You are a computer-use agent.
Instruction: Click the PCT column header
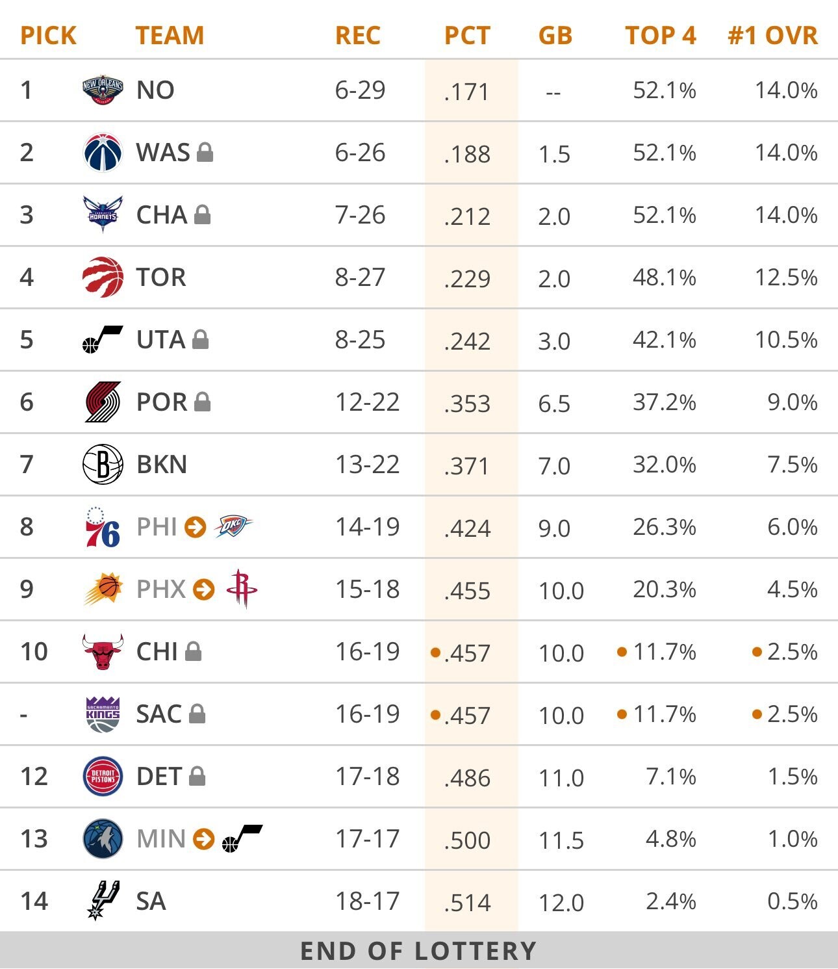(x=467, y=35)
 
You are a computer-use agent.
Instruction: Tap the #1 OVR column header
(x=772, y=35)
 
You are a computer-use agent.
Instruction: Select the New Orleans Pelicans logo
(x=103, y=90)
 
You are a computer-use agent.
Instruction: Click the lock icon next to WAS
(x=205, y=152)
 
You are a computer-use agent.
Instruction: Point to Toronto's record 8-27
(x=360, y=278)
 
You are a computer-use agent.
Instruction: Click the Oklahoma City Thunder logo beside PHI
(x=233, y=526)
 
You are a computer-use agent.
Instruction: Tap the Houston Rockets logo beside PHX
(x=242, y=589)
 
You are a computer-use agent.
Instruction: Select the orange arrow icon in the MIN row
(x=204, y=838)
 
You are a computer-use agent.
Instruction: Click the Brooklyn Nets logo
(x=103, y=465)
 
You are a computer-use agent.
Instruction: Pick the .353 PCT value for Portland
(x=467, y=404)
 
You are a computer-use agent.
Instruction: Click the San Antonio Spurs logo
(x=103, y=900)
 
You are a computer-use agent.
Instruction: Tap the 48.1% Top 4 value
(x=664, y=278)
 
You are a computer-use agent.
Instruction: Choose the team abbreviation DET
(x=159, y=777)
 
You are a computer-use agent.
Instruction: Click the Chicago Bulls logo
(x=103, y=651)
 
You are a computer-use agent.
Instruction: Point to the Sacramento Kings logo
(x=103, y=714)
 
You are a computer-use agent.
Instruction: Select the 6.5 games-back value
(x=554, y=404)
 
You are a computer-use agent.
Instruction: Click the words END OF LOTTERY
(x=418, y=951)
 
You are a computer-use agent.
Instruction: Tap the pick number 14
(x=34, y=901)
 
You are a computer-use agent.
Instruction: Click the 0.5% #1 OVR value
(x=792, y=901)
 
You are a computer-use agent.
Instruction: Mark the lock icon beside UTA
(x=201, y=339)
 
